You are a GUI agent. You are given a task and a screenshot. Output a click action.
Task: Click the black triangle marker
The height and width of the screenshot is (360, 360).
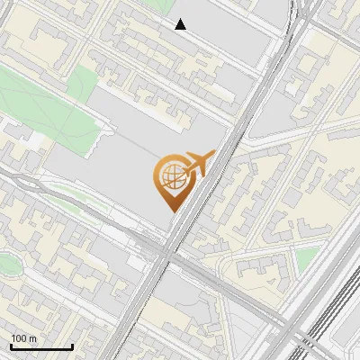181,24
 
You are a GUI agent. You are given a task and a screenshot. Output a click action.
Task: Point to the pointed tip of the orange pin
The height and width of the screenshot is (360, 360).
170,211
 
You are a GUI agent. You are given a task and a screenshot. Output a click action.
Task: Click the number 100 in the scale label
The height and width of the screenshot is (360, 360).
19,338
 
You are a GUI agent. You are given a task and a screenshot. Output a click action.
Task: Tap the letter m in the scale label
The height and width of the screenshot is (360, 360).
33,338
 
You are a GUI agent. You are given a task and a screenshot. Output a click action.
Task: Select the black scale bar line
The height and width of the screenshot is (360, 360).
41,347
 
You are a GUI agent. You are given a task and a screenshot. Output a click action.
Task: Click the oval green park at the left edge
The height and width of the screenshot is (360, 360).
6,265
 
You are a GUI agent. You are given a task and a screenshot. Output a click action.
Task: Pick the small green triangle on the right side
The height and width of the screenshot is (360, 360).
308,258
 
